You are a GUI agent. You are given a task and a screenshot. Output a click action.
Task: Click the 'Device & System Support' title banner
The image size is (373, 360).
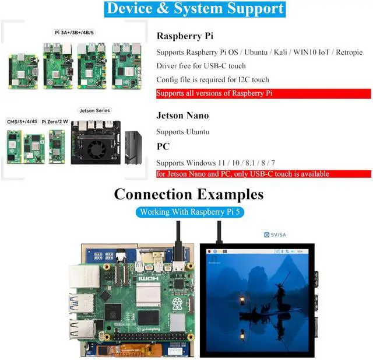[x=195, y=9]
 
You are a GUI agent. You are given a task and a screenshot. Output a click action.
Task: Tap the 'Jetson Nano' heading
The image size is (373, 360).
[x=182, y=116]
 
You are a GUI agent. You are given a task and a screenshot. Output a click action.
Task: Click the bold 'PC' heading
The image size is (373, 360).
[x=163, y=146]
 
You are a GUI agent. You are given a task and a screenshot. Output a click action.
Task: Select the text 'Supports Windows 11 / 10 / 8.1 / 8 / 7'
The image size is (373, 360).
[x=216, y=162]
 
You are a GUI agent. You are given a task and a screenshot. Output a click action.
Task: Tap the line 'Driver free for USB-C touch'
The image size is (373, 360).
[x=201, y=65]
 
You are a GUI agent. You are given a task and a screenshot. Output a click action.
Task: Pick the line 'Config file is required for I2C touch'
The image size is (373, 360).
[x=213, y=79]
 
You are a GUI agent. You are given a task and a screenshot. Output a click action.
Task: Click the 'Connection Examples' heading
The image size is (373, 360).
[x=189, y=194]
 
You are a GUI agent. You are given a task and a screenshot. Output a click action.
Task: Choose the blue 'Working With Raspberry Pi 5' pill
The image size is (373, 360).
[x=190, y=212]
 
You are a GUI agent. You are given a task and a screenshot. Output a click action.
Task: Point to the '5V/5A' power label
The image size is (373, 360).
[x=280, y=235]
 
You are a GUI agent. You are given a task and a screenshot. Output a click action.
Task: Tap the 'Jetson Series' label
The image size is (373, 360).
[x=94, y=110]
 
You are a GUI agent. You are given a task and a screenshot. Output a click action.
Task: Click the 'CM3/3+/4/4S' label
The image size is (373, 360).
[x=22, y=121]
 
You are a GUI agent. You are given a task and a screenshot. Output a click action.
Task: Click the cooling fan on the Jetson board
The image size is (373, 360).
[x=94, y=149]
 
